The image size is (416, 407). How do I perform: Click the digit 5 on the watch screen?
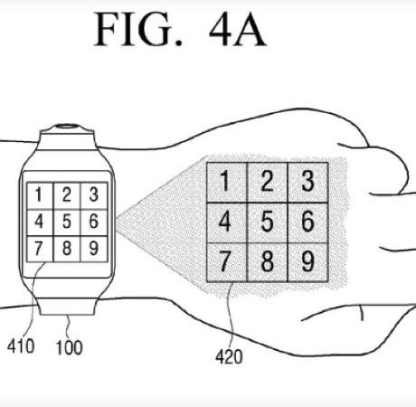coord(67,222)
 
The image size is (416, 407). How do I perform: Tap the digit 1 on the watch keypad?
coord(38,194)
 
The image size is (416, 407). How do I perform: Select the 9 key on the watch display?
coord(94,248)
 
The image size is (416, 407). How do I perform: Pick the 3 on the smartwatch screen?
coord(94,194)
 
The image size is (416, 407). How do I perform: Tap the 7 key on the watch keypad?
coord(38,249)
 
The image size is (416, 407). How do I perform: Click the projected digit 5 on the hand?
coord(267,222)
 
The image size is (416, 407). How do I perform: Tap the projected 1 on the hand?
coord(224,181)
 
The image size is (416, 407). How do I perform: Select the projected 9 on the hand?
coord(307,260)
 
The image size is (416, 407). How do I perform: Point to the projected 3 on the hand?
coord(307,181)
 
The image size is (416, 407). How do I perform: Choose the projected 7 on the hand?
coord(224,261)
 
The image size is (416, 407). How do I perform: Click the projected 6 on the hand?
coord(307,222)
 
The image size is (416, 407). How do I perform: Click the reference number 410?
coord(21,345)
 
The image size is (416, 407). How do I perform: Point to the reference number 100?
coord(69,347)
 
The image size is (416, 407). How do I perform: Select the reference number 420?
coord(229,357)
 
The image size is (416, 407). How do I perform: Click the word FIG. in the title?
coord(138,29)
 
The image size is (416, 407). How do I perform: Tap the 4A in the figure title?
coord(238,30)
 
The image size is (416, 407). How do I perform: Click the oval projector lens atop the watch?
coord(67,126)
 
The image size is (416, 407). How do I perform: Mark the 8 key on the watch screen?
coord(67,248)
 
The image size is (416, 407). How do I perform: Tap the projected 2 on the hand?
coord(267,181)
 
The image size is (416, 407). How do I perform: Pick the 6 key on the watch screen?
coord(94,222)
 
